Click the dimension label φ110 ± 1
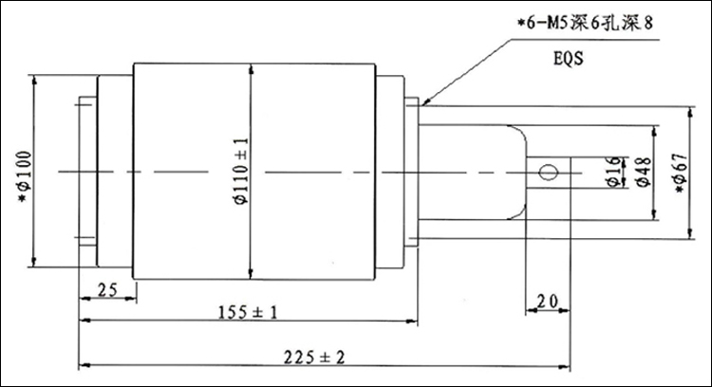point(241,171)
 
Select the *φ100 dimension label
point(25,177)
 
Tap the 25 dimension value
point(107,290)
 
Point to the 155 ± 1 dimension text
point(248,312)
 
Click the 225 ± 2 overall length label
point(314,357)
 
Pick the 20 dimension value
point(547,301)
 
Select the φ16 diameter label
point(613,172)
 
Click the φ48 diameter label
point(644,172)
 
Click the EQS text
point(568,59)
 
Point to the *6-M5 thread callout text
point(586,23)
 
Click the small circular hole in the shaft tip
point(549,173)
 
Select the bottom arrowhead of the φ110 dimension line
point(251,273)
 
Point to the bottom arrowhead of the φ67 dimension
point(690,233)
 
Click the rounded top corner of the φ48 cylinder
point(520,132)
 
